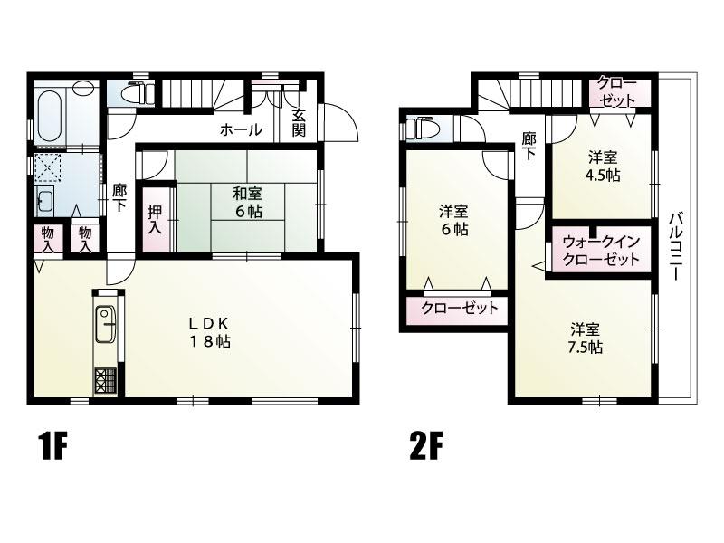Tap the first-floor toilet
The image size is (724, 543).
(138, 93)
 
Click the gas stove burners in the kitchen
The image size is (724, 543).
(106, 381)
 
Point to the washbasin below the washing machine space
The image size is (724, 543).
(46, 199)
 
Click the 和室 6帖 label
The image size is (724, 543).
(248, 202)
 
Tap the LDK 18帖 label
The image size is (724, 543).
(209, 332)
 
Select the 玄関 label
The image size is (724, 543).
(299, 122)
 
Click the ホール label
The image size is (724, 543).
(241, 129)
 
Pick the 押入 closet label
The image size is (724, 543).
(155, 219)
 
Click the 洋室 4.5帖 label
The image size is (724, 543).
(604, 167)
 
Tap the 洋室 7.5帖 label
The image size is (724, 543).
(585, 338)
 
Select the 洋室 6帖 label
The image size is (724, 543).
(453, 221)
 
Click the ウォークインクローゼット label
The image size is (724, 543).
(601, 250)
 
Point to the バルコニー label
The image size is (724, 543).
(677, 246)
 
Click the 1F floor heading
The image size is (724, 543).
(53, 446)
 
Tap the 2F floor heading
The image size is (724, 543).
(425, 446)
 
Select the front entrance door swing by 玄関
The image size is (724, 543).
(341, 121)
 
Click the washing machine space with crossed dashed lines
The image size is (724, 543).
(50, 167)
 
